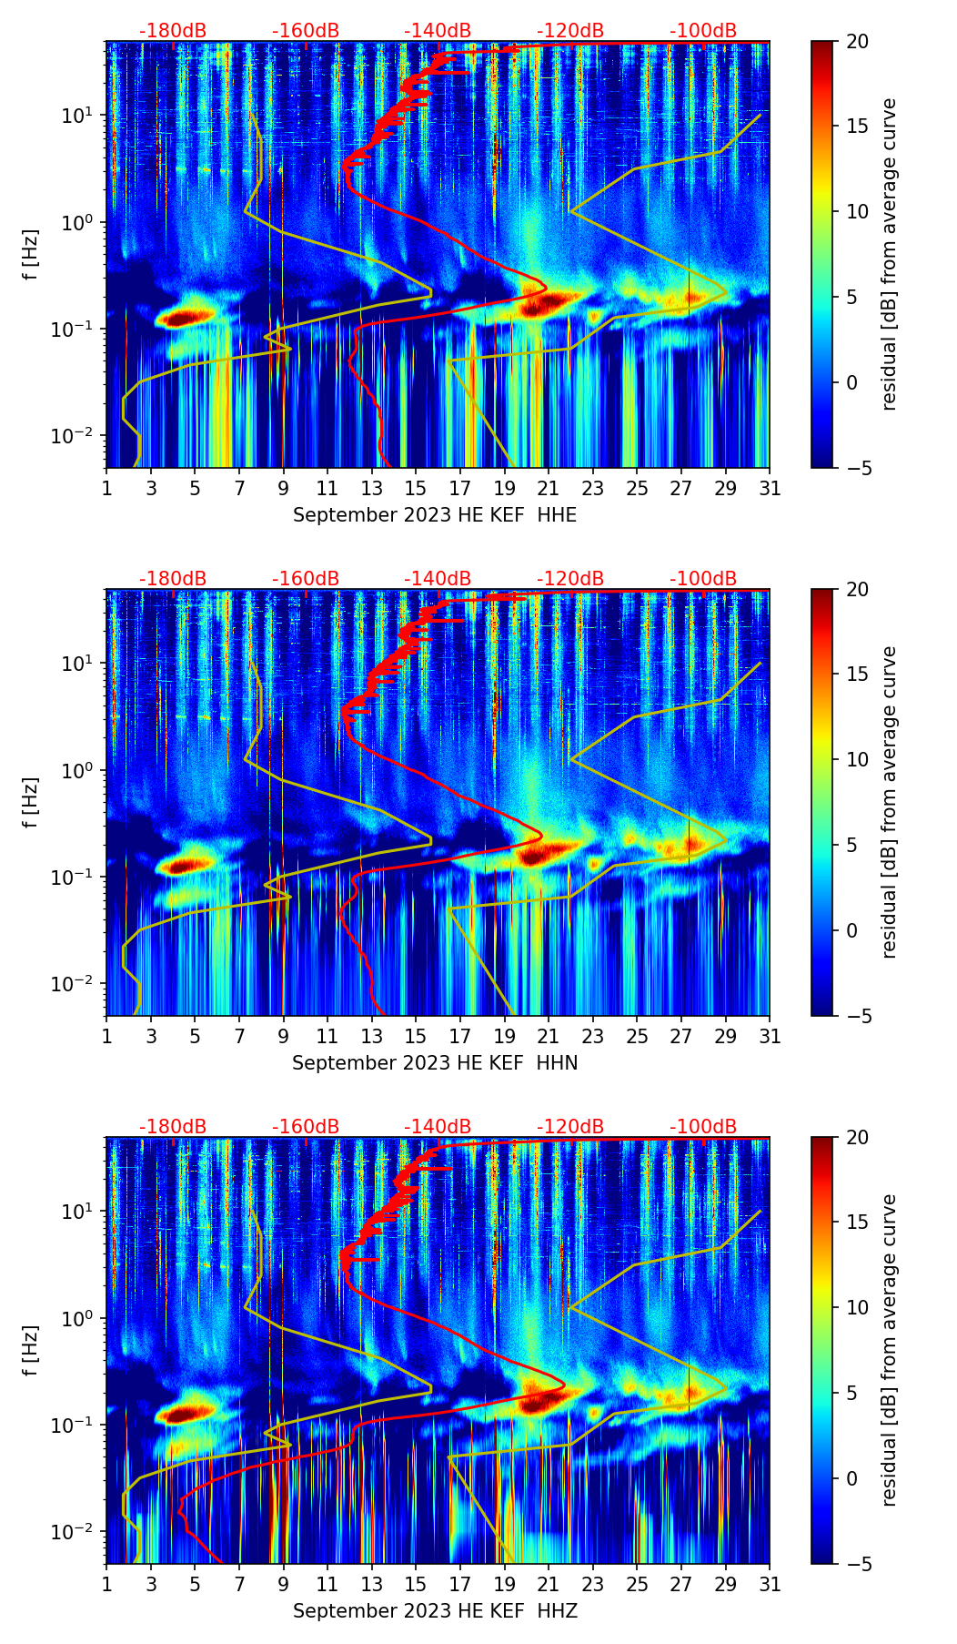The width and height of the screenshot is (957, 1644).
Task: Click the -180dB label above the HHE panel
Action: (173, 31)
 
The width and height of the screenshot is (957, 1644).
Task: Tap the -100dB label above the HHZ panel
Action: (703, 1127)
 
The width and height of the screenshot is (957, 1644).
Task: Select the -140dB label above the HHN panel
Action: (438, 579)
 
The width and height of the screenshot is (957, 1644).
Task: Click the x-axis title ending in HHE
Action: (435, 515)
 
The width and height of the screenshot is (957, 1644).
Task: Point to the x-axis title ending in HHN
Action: (435, 1063)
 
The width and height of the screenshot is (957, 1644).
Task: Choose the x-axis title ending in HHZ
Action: (435, 1611)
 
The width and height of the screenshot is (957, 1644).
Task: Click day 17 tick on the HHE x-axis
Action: (460, 488)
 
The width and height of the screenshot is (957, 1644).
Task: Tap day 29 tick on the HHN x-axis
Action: (726, 1036)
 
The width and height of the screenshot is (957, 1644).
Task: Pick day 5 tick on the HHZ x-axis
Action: (195, 1584)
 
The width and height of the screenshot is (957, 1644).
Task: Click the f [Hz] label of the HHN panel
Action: (32, 802)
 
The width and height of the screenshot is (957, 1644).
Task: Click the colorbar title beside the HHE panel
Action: (889, 254)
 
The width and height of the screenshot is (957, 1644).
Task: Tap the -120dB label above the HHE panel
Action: (570, 31)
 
